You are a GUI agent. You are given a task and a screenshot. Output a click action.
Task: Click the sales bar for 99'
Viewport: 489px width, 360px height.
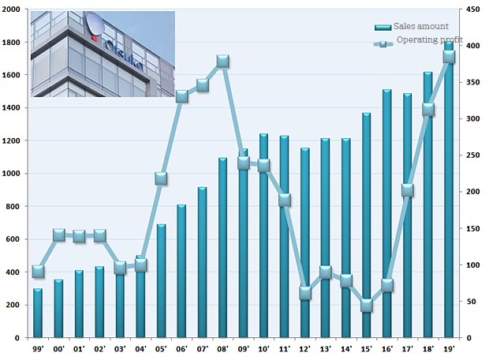(x=38, y=313)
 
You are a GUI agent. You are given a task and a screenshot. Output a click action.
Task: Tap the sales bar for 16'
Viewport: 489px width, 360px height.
(x=387, y=213)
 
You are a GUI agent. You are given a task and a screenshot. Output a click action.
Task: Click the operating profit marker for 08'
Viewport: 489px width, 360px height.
(x=223, y=61)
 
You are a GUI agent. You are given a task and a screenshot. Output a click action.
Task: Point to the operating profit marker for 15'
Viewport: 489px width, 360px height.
(x=367, y=306)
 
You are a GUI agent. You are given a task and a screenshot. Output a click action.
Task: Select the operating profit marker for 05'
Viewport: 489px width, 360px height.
(x=161, y=178)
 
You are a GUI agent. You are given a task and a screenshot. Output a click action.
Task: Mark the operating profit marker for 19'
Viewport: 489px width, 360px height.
(x=449, y=56)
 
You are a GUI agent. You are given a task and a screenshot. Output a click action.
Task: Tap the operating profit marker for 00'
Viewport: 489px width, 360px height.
(x=58, y=234)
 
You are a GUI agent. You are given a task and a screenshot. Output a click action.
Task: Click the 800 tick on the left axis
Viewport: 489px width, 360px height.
(x=13, y=206)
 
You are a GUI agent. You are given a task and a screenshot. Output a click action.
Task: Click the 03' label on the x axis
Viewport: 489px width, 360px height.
(x=120, y=348)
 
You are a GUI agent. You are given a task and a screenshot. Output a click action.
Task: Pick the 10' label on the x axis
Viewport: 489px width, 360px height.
(x=263, y=348)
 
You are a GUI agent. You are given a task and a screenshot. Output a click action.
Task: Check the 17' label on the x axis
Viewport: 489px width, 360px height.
(x=408, y=348)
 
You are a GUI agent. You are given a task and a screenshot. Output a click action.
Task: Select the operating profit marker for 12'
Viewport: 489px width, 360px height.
(x=305, y=293)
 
